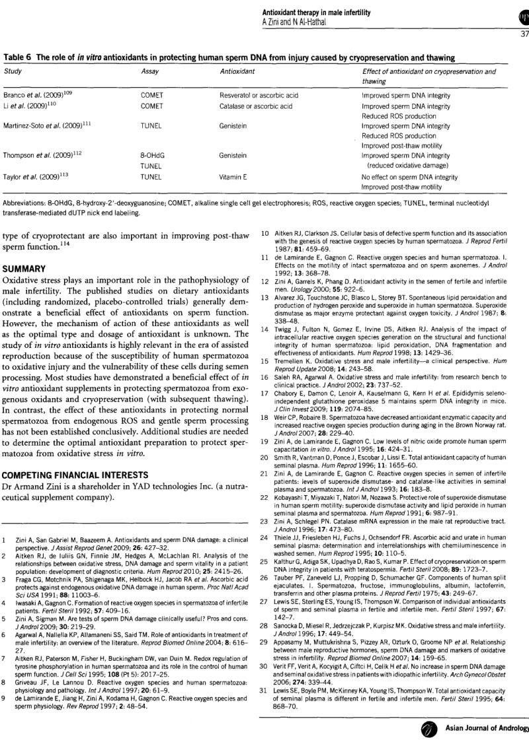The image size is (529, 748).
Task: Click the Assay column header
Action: point(151,71)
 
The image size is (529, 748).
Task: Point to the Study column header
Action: point(13,71)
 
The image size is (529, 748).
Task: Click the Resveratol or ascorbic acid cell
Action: point(259,95)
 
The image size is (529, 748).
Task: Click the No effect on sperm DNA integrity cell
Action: point(409,177)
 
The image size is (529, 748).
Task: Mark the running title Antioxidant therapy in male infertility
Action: point(316,13)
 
